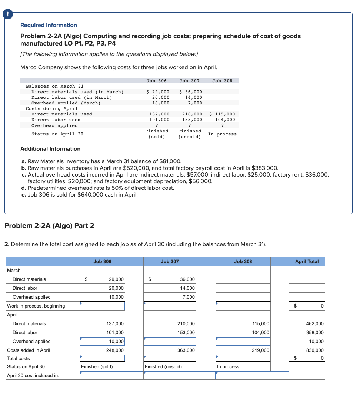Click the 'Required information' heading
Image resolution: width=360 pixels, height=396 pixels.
[x=49, y=25]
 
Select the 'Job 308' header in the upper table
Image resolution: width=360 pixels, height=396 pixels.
[x=222, y=81]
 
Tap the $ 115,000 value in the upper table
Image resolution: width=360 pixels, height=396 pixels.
[x=222, y=114]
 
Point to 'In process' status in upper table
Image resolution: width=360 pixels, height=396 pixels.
[x=222, y=134]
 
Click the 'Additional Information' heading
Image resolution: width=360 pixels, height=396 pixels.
[x=50, y=149]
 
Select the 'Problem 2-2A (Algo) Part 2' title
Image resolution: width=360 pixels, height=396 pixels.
[x=49, y=225]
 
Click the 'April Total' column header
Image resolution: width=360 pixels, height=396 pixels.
[x=307, y=261]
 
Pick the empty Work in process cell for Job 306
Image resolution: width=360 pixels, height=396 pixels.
[x=103, y=306]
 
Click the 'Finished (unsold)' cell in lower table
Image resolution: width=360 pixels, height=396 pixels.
[x=163, y=367]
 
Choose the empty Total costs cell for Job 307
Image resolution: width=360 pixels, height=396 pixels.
[x=170, y=358]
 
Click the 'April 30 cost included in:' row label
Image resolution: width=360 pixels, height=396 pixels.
[x=33, y=376]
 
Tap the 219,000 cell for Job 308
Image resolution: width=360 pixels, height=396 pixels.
[x=261, y=350]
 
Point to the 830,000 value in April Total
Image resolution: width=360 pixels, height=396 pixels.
[x=315, y=350]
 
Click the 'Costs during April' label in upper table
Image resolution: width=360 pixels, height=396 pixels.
[x=51, y=108]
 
